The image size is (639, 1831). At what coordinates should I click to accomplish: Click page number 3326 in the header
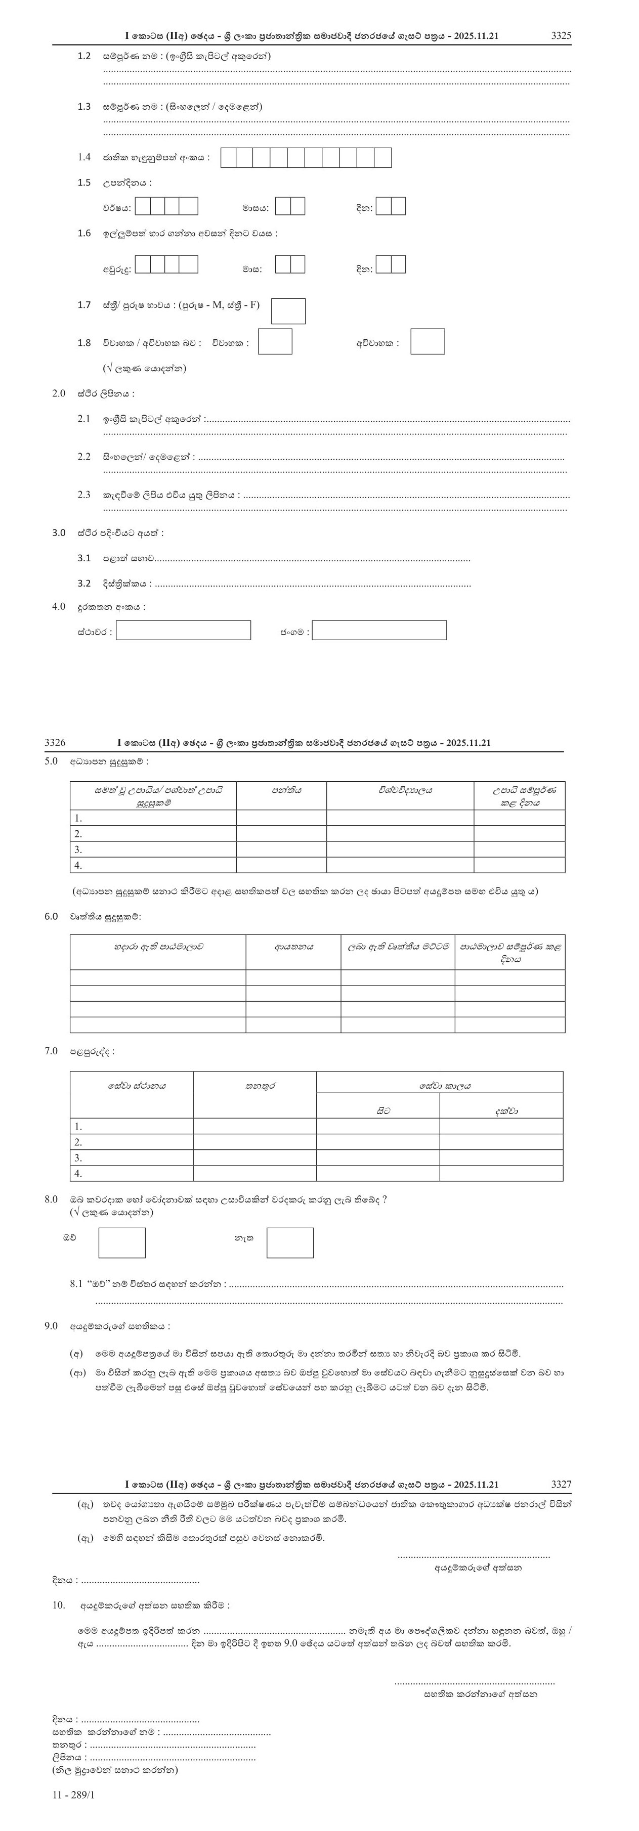tap(55, 743)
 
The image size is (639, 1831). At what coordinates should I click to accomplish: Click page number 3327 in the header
tap(561, 1484)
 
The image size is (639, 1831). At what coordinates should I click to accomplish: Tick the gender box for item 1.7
tap(288, 310)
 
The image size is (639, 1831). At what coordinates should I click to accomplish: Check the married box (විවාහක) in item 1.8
tap(274, 341)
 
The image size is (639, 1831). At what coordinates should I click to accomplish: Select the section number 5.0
tap(51, 761)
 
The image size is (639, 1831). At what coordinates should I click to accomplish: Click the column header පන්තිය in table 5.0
tap(281, 790)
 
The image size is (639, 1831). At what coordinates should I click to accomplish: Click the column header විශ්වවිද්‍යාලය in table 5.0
tap(400, 790)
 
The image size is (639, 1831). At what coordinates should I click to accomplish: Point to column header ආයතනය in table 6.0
tap(293, 947)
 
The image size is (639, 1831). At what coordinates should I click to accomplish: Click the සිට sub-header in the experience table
tap(377, 1110)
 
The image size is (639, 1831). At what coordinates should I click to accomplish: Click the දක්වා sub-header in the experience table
tap(500, 1110)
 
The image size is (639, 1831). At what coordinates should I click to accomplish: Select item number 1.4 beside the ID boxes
tap(84, 157)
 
